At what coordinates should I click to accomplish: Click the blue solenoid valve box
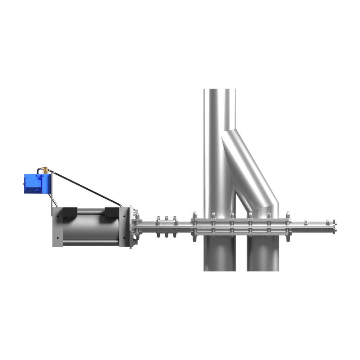click(36, 184)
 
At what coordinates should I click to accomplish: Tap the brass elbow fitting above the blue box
click(45, 170)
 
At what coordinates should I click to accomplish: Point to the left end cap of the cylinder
click(58, 227)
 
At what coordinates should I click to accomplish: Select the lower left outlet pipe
click(219, 254)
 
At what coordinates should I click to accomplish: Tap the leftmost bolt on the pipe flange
click(194, 215)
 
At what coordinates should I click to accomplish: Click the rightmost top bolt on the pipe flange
click(288, 215)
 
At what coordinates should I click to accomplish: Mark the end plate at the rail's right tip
click(335, 226)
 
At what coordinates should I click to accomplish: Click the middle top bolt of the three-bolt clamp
click(166, 219)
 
